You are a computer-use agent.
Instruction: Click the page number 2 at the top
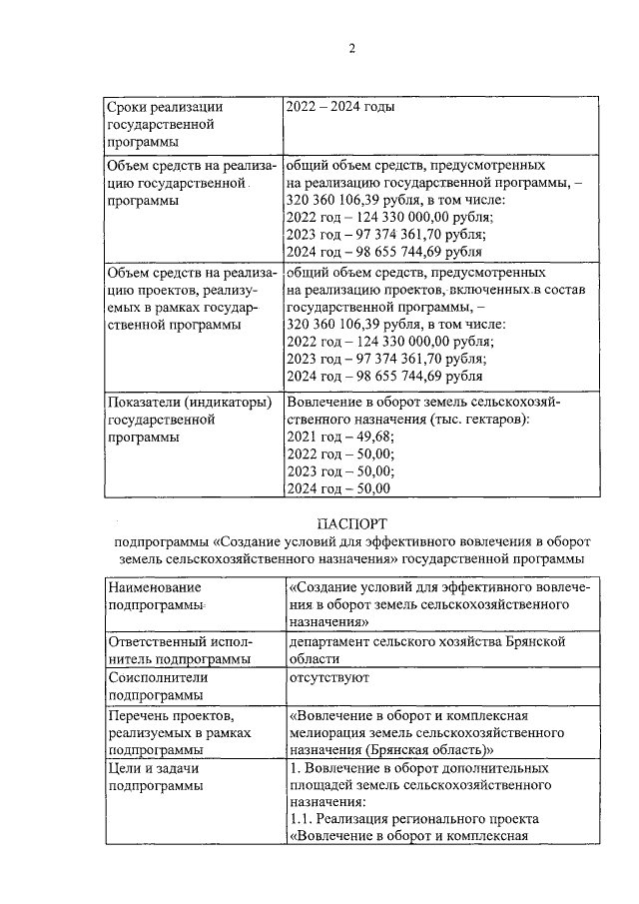click(x=351, y=49)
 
